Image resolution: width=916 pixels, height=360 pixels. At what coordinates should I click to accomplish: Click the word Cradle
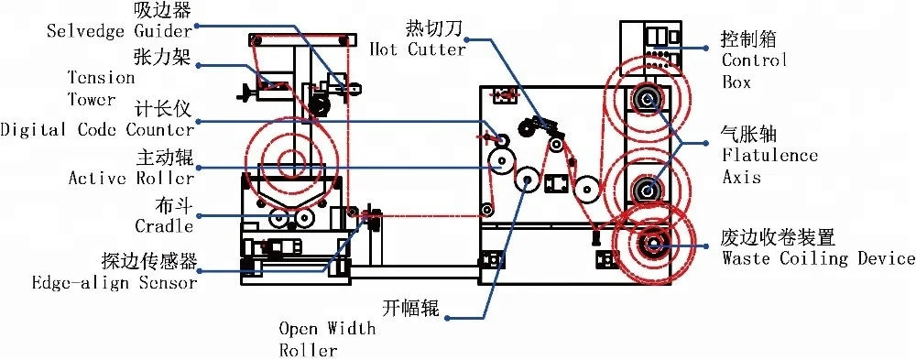166,225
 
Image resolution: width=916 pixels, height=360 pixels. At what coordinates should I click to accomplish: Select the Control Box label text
754,71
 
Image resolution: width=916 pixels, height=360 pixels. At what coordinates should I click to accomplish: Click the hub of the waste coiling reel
654,243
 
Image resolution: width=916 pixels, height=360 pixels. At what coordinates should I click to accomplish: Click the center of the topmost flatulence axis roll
647,98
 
